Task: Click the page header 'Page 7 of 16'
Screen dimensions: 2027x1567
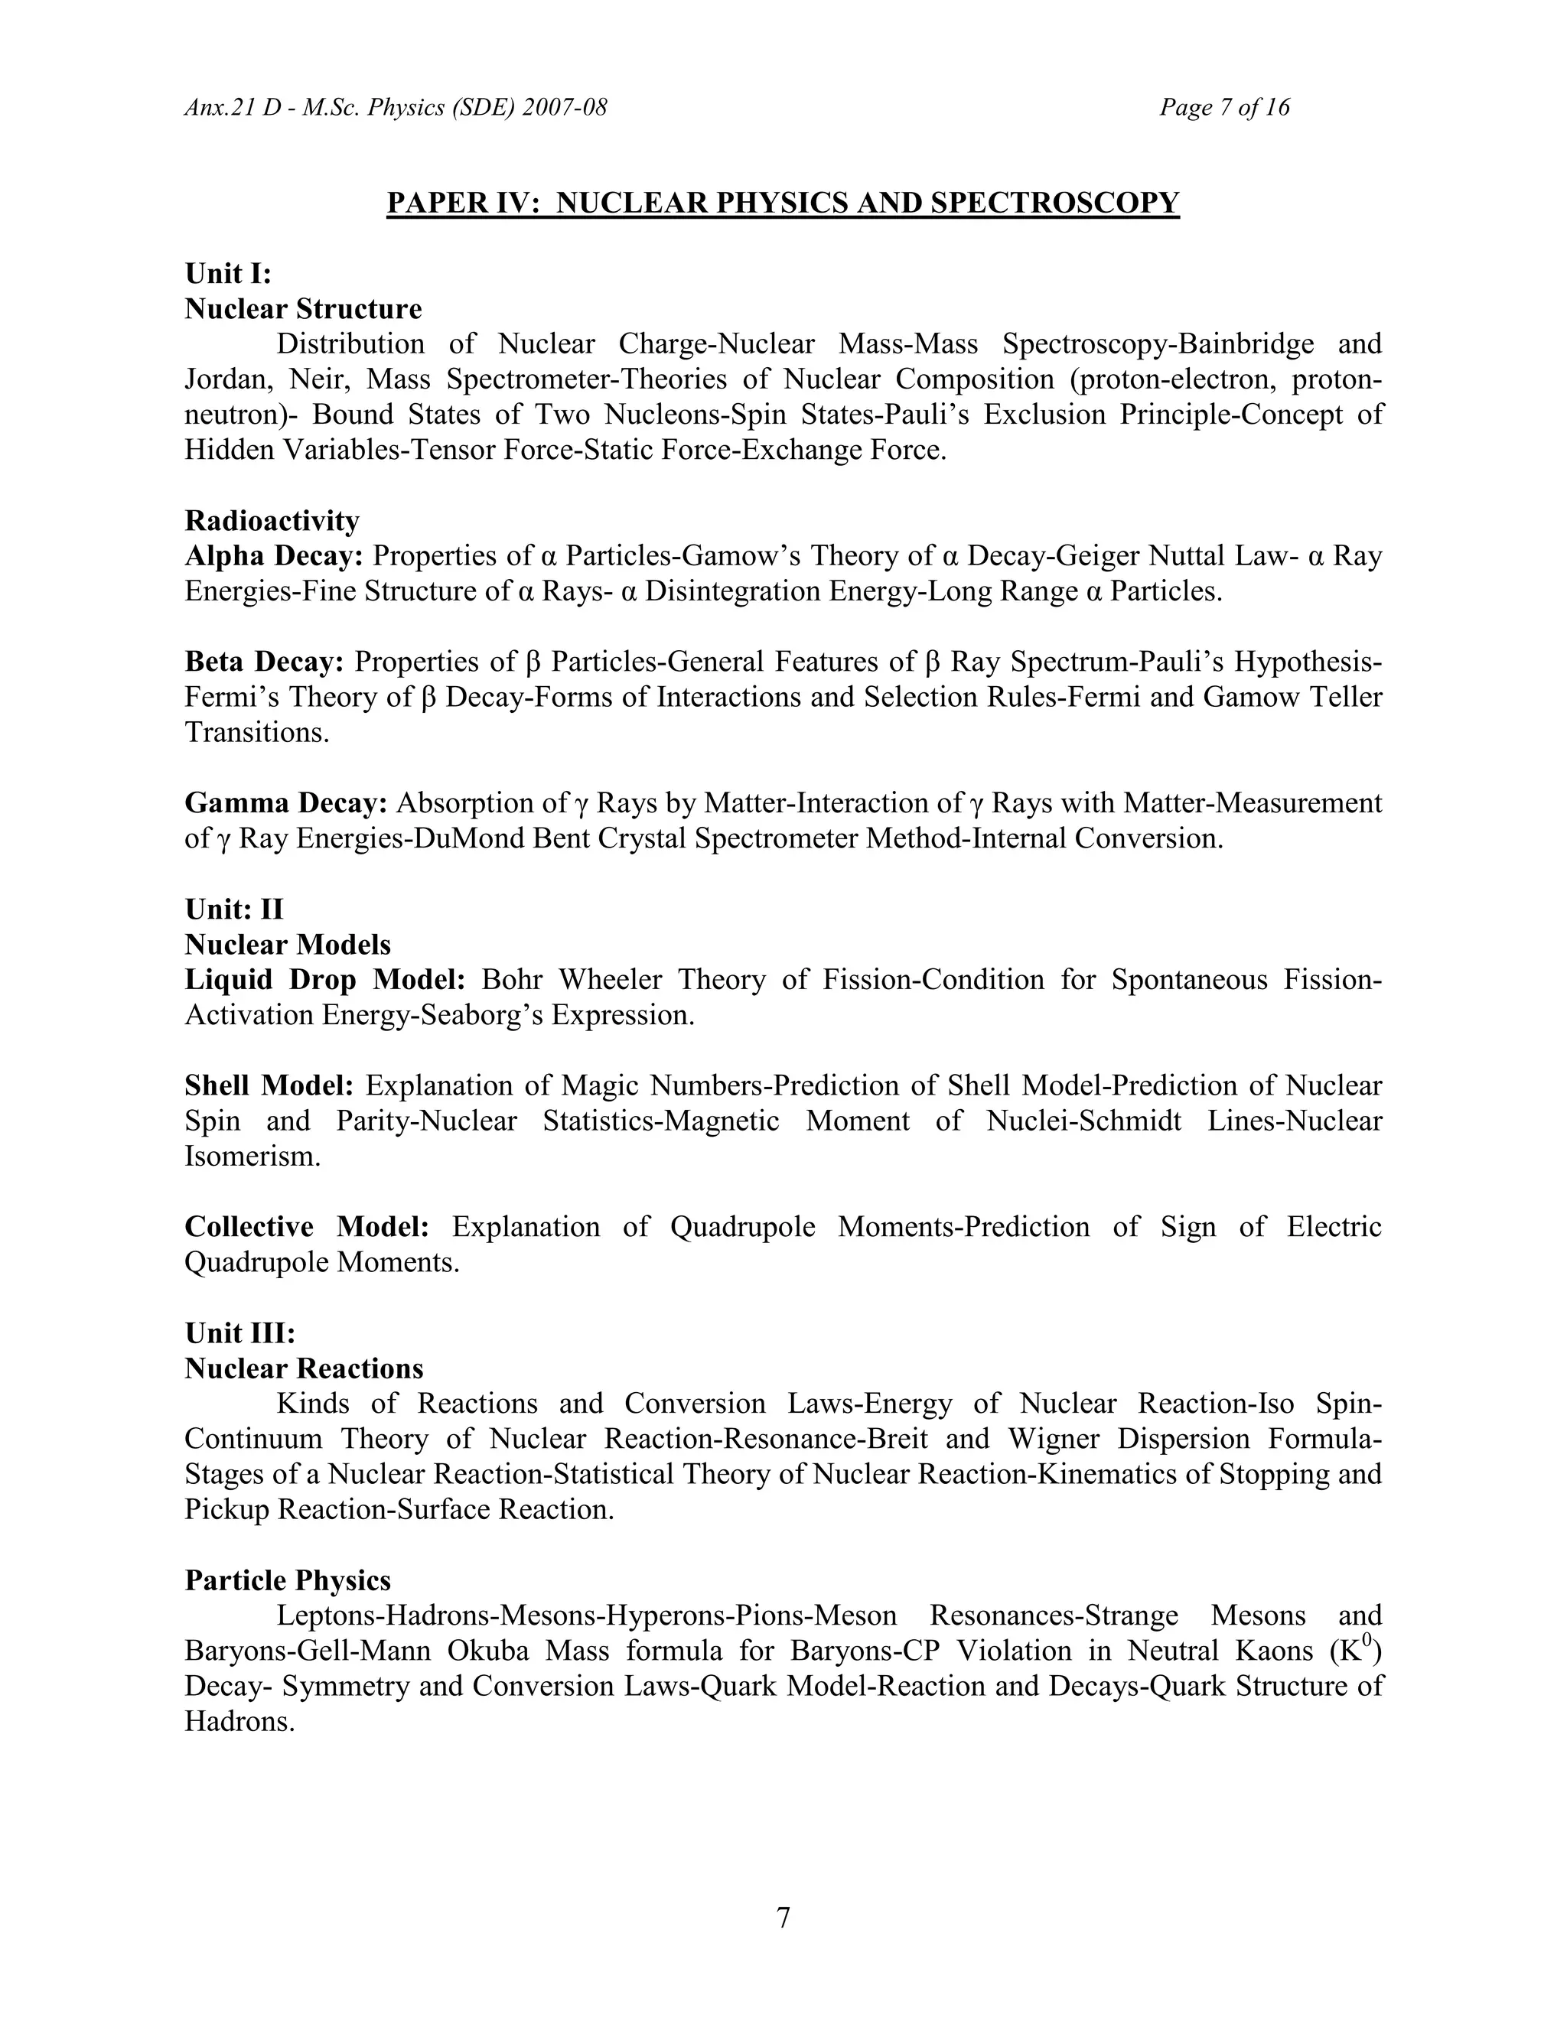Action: pos(1223,108)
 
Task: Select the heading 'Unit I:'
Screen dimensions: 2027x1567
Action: pos(228,274)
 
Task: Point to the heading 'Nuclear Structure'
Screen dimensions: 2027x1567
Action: pos(303,309)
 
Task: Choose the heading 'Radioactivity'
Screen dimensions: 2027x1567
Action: pos(271,521)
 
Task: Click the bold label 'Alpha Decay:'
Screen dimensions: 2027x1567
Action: pos(274,556)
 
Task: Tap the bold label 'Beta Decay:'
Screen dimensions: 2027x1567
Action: pos(265,662)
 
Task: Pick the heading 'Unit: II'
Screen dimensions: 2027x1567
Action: pos(234,909)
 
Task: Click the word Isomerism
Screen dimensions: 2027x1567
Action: pos(252,1157)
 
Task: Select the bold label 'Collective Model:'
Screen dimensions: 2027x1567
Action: pos(306,1227)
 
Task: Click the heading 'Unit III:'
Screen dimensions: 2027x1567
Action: pos(239,1334)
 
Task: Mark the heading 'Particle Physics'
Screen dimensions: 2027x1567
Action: pos(288,1580)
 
